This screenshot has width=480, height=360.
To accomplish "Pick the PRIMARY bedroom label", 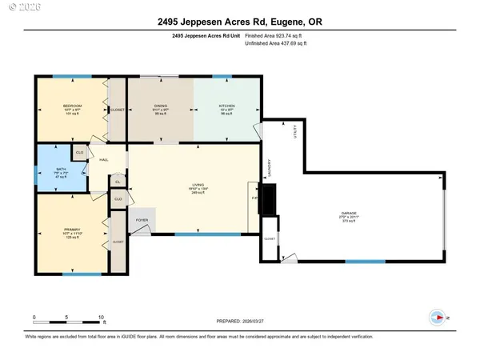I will click(x=73, y=229).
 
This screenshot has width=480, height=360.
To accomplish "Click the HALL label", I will click(x=104, y=160).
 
